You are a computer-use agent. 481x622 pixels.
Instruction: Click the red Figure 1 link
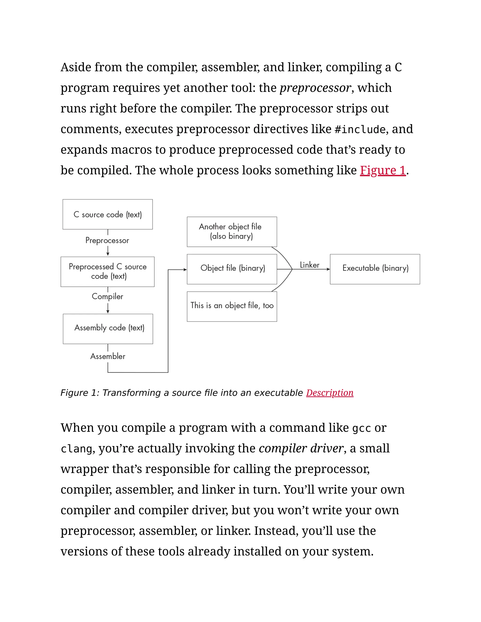point(382,170)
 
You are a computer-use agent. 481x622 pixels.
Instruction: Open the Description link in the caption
point(330,393)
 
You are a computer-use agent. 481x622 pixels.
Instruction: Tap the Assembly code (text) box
point(108,329)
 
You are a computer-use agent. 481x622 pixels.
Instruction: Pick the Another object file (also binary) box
point(232,231)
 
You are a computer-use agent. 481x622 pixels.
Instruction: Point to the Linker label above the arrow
point(310,265)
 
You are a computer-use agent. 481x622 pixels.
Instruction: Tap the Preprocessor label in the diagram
point(107,240)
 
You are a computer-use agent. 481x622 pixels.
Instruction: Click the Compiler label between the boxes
point(107,296)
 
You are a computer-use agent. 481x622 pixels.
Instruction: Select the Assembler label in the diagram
point(108,356)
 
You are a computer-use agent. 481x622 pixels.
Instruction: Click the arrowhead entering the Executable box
point(328,269)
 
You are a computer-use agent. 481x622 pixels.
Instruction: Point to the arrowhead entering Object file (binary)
point(185,269)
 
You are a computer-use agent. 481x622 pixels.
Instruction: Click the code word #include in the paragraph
point(360,130)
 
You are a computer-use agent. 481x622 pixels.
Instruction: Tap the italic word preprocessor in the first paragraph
point(315,88)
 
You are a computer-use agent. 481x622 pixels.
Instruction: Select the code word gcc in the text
point(361,428)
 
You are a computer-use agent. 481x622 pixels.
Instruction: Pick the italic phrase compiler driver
point(301,448)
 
